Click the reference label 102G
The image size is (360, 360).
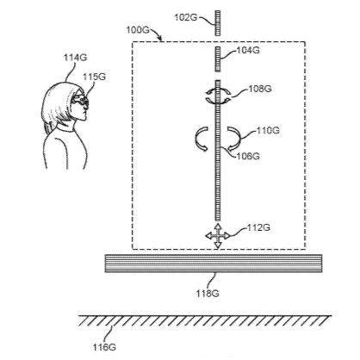click(186, 17)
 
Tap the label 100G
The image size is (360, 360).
click(138, 29)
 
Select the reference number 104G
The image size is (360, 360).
click(248, 50)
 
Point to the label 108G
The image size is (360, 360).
click(260, 89)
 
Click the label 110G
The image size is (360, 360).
click(268, 130)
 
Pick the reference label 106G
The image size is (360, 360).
click(248, 156)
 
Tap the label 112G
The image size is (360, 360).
click(258, 227)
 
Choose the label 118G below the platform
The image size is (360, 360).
click(208, 294)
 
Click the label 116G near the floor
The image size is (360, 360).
click(104, 347)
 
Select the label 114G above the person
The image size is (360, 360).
click(75, 58)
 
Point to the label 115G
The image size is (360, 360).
click(95, 77)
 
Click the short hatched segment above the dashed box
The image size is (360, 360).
click(218, 23)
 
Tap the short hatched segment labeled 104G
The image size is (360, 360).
click(218, 59)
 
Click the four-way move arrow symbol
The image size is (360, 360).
click(218, 236)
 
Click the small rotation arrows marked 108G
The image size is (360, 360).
click(218, 96)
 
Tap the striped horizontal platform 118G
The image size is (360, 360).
click(214, 264)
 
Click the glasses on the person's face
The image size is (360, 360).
click(80, 100)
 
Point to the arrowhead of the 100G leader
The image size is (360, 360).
click(160, 39)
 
